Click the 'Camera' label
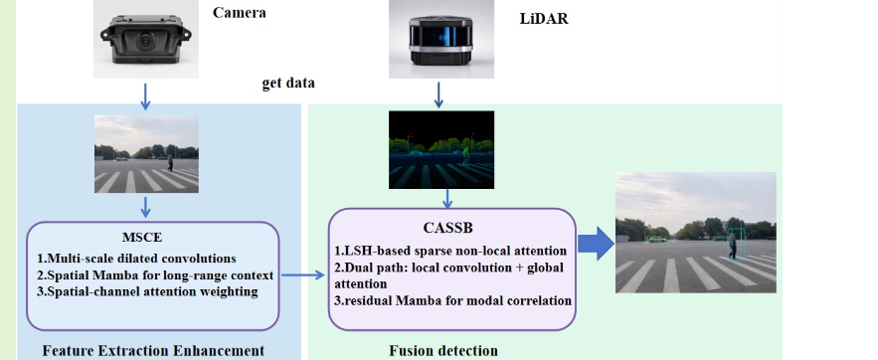239,12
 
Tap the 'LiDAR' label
544,19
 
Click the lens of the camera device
145,40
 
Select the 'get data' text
288,83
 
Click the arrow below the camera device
145,96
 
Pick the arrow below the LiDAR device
439,94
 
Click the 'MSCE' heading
142,238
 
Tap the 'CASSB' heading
448,228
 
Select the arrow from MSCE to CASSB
303,274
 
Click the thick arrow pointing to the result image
596,244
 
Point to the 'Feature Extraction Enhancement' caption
153,351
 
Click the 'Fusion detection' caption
443,351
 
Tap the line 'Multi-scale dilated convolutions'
136,259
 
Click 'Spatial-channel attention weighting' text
147,291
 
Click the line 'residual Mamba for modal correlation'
453,300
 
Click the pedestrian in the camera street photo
170,163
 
